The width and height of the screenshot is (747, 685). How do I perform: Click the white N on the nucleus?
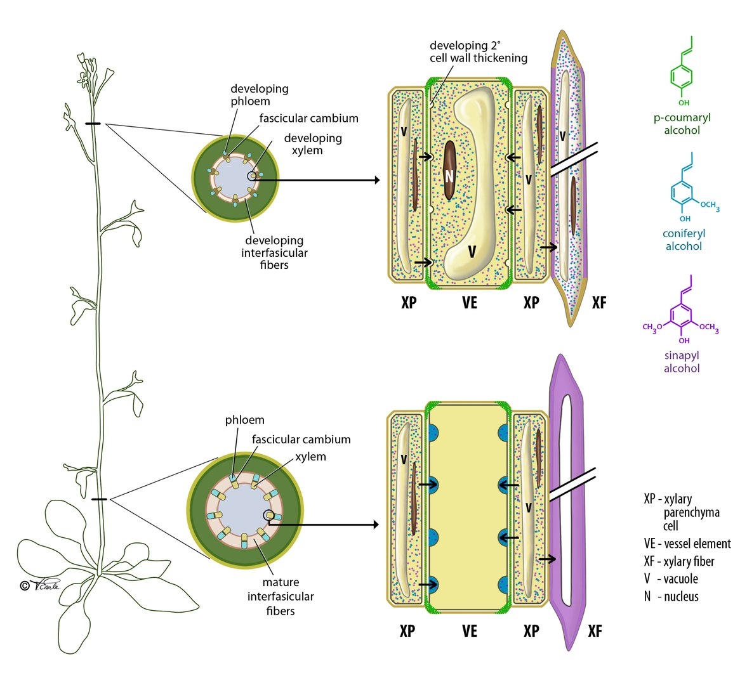click(449, 177)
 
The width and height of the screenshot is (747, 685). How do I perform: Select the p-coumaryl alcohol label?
click(682, 124)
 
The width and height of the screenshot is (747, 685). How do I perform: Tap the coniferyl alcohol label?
click(684, 240)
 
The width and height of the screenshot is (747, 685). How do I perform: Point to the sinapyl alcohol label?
click(682, 362)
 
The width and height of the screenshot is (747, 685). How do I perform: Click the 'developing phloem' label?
click(259, 95)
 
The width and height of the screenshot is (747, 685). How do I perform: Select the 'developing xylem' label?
click(312, 144)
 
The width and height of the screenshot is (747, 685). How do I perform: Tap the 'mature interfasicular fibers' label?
click(281, 596)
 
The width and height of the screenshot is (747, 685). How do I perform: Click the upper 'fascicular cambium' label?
click(308, 118)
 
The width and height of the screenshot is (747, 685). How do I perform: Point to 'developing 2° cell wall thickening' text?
click(478, 51)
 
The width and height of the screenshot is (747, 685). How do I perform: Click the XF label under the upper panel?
click(598, 303)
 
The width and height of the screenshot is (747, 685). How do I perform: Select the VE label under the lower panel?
click(469, 630)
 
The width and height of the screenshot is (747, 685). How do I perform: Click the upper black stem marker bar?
click(93, 124)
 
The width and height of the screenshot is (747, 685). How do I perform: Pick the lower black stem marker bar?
click(99, 499)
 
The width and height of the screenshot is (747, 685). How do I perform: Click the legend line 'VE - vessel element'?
click(687, 544)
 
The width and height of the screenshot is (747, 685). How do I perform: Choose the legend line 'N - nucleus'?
click(671, 596)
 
